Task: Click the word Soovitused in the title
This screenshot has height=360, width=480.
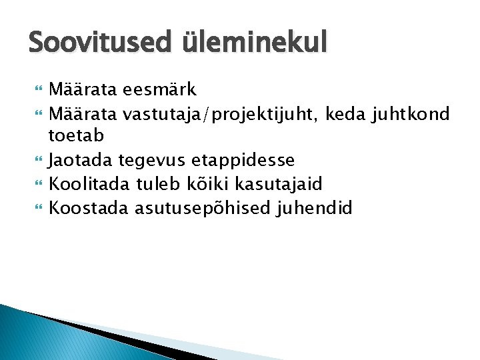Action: (100, 44)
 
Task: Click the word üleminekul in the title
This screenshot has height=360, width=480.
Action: (254, 44)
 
